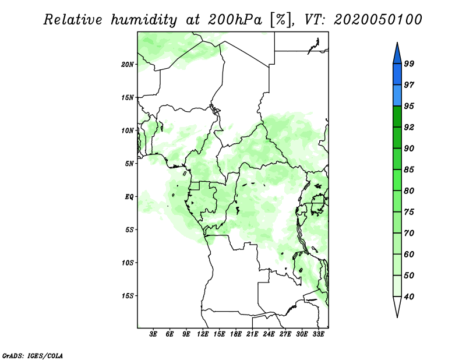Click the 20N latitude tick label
click(x=128, y=65)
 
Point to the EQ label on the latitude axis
click(x=129, y=197)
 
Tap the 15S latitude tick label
click(x=128, y=296)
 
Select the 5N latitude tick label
click(x=129, y=164)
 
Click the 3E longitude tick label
click(x=153, y=334)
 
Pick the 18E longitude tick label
click(x=236, y=334)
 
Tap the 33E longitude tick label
click(x=318, y=334)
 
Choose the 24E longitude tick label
click(x=269, y=334)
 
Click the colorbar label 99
click(x=409, y=63)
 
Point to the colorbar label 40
click(x=409, y=297)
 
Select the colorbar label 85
click(x=409, y=170)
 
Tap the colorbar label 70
click(x=409, y=233)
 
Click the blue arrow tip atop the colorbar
click(x=397, y=43)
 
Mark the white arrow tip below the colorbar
click(x=397, y=317)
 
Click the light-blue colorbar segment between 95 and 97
click(x=397, y=96)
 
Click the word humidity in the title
click(x=144, y=20)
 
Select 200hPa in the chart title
click(x=235, y=20)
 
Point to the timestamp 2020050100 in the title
click(x=377, y=20)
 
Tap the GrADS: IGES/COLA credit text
click(x=33, y=356)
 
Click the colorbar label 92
click(x=409, y=127)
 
